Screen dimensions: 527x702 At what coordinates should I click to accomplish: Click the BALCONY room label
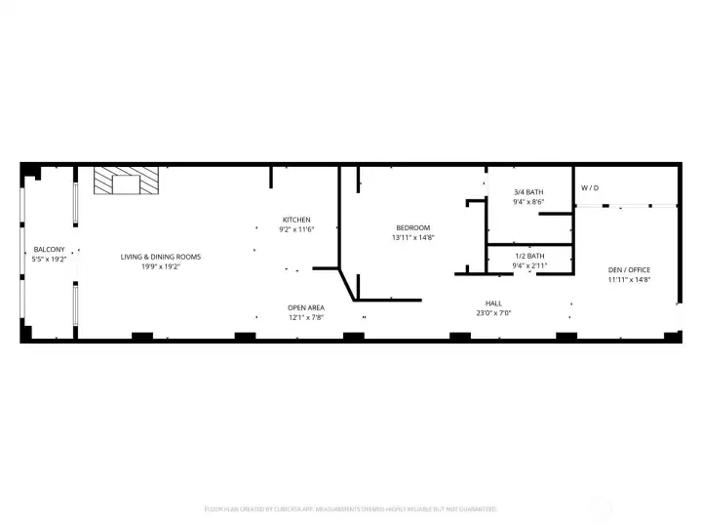pyautogui.click(x=49, y=250)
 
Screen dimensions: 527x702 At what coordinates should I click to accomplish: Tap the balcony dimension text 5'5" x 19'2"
pyautogui.click(x=49, y=260)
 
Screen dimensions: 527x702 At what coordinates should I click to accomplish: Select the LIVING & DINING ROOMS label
pyautogui.click(x=161, y=257)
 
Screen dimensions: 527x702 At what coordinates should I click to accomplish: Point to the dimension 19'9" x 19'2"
pyautogui.click(x=161, y=266)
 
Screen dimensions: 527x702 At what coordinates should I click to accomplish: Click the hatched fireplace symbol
pyautogui.click(x=126, y=182)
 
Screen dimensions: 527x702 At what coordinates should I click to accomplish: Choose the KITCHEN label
pyautogui.click(x=296, y=220)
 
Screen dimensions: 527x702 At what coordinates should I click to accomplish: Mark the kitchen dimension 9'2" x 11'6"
pyautogui.click(x=296, y=229)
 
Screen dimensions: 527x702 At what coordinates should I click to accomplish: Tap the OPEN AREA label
pyautogui.click(x=305, y=307)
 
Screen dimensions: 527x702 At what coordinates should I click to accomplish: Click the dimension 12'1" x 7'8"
pyautogui.click(x=305, y=317)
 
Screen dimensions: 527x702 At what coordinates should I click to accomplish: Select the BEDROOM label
pyautogui.click(x=412, y=226)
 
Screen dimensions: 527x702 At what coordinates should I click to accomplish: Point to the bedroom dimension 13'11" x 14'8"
pyautogui.click(x=412, y=237)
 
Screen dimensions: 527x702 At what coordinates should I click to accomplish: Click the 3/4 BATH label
pyautogui.click(x=528, y=192)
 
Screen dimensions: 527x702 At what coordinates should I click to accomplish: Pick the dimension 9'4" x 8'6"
pyautogui.click(x=528, y=202)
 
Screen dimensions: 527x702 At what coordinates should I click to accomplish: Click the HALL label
pyautogui.click(x=493, y=304)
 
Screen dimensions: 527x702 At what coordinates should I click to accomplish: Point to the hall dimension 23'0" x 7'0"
pyautogui.click(x=493, y=313)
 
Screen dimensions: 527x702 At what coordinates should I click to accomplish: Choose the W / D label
pyautogui.click(x=590, y=186)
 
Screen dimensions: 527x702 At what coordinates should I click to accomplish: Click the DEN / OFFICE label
pyautogui.click(x=629, y=269)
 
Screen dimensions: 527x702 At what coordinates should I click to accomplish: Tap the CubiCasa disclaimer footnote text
pyautogui.click(x=350, y=508)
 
